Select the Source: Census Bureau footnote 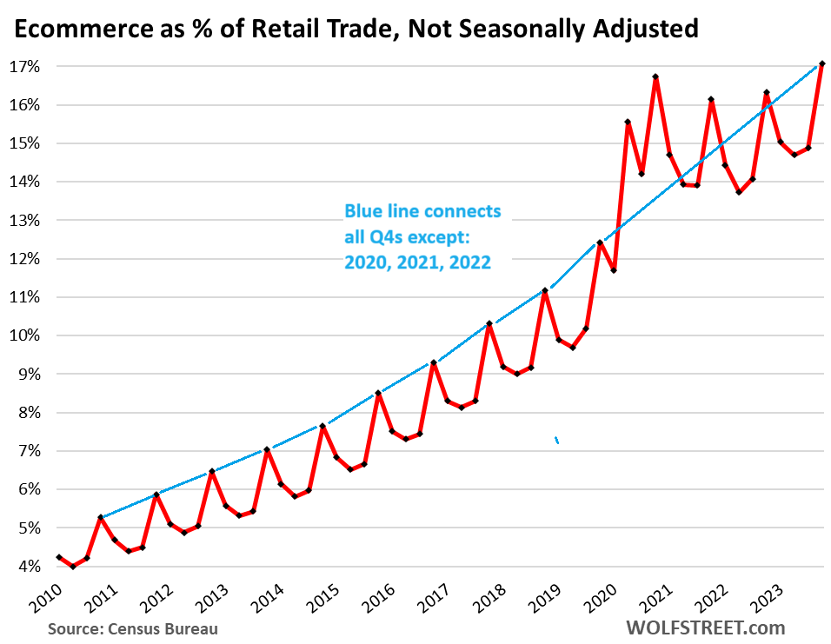pos(133,628)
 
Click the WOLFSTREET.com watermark pos(704,627)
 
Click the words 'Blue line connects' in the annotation pos(422,211)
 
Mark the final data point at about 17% pos(821,63)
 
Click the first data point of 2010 pos(59,557)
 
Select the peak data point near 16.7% pos(655,76)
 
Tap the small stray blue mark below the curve pos(556,440)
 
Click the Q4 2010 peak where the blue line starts pos(101,517)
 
